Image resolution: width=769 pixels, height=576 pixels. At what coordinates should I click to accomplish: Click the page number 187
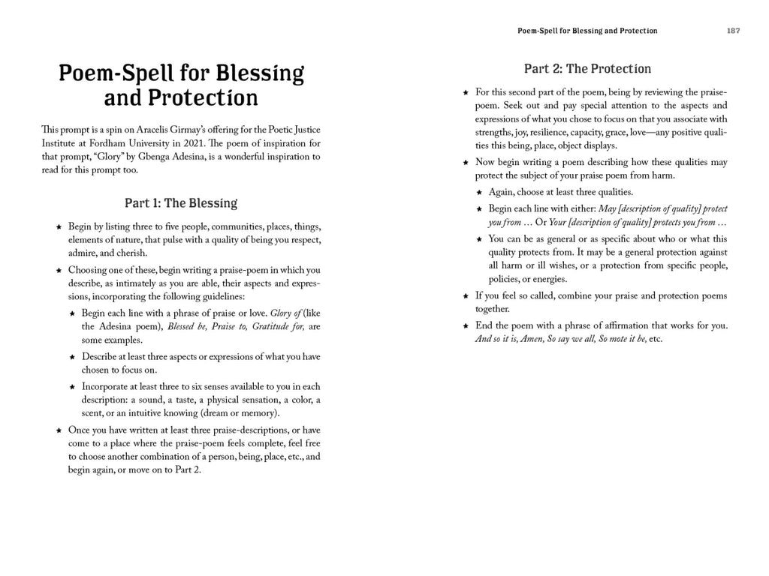(x=733, y=31)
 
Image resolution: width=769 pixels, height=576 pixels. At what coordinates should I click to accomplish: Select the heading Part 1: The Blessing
(x=180, y=203)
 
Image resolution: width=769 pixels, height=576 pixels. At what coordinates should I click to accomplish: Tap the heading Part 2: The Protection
(x=587, y=69)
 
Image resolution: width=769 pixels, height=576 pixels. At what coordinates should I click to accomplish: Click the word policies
(x=502, y=279)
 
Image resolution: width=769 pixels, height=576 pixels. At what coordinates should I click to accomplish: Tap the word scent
(x=93, y=413)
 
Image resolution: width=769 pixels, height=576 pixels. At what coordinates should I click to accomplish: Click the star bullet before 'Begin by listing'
(x=59, y=226)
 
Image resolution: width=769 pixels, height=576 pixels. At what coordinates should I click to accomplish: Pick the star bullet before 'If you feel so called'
(x=466, y=296)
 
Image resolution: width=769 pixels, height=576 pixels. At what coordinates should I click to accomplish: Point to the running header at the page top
(x=587, y=31)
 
